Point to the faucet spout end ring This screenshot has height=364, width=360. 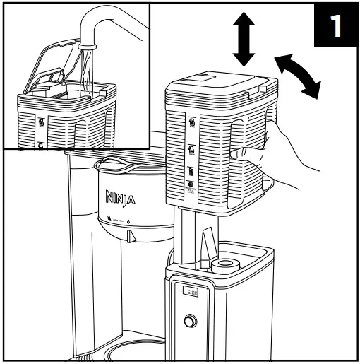[86, 45]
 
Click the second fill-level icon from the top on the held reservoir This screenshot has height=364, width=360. [193, 149]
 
